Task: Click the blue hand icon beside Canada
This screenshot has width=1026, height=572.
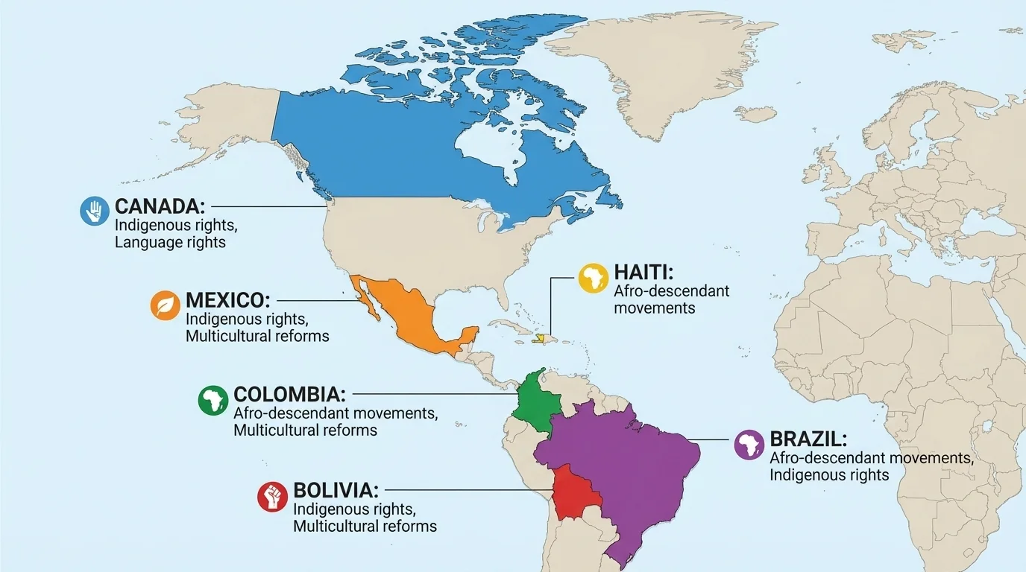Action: point(95,211)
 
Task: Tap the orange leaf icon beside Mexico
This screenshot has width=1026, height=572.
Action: point(166,305)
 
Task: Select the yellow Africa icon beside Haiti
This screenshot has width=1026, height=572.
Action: point(594,278)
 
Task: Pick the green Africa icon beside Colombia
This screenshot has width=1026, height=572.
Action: point(213,400)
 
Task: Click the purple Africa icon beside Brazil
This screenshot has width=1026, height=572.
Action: point(749,445)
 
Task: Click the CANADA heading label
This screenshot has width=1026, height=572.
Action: point(160,206)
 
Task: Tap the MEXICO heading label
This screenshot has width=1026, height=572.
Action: point(227,300)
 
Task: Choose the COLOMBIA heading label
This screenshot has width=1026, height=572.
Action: point(290,394)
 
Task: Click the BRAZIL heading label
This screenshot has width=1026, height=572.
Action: point(808,439)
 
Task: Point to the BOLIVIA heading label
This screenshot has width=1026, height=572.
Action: point(336,490)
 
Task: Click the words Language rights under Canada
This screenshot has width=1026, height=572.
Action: point(170,242)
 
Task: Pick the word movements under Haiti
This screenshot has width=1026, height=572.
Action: point(655,308)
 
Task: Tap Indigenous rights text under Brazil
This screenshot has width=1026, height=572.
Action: point(829,474)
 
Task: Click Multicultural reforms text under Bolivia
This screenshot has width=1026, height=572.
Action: point(365,526)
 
